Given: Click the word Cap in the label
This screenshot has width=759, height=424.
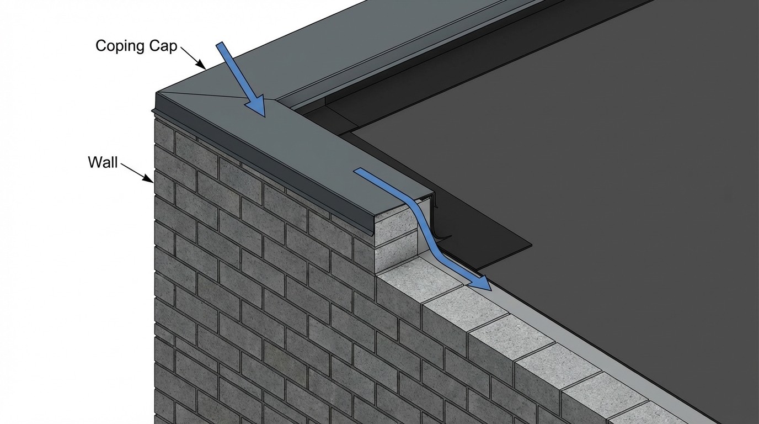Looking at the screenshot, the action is (x=162, y=46).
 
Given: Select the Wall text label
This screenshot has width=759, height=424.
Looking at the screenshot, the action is (x=103, y=162).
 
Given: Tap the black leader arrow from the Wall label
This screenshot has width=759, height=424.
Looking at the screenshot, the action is (x=137, y=171).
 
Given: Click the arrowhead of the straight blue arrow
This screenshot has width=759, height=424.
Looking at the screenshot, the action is (x=257, y=108).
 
